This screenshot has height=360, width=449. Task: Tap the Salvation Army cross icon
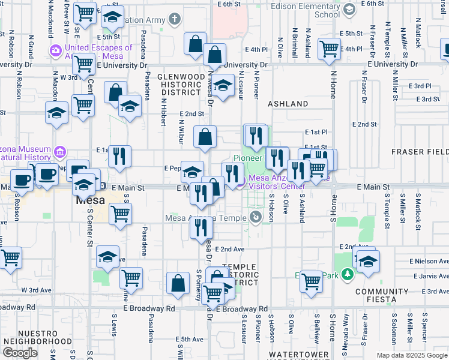pyautogui.click(x=175, y=20)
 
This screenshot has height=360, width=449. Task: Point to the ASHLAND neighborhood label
pyautogui.click(x=288, y=104)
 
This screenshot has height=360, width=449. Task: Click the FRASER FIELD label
pyautogui.click(x=420, y=152)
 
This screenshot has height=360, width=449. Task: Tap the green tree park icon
pyautogui.click(x=346, y=275)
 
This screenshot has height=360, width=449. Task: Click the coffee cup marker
pyautogui.click(x=22, y=179)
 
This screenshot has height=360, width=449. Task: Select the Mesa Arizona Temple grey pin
pyautogui.click(x=256, y=217)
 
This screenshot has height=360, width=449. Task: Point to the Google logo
pyautogui.click(x=20, y=352)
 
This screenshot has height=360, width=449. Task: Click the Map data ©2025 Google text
pyautogui.click(x=411, y=355)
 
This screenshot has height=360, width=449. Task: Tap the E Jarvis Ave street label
pyautogui.click(x=428, y=277)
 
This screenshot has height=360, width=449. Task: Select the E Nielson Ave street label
pyautogui.click(x=429, y=262)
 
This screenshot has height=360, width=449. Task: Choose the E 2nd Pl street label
pyautogui.click(x=420, y=86)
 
